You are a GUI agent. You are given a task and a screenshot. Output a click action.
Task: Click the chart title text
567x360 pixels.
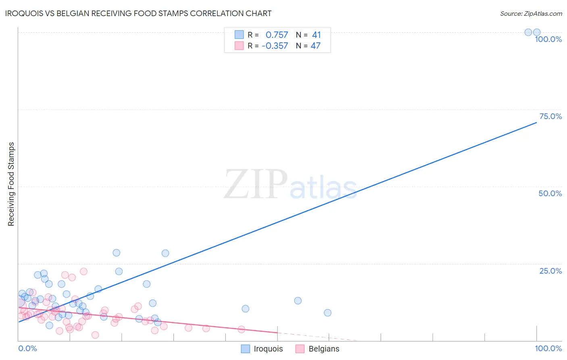pos(138,13)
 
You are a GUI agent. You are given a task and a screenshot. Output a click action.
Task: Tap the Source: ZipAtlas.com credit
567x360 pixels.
pos(531,13)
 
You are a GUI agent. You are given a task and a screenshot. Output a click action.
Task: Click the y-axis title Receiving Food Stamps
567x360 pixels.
pos(11,184)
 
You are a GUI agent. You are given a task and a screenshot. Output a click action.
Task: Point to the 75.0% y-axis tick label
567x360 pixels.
pos(550,116)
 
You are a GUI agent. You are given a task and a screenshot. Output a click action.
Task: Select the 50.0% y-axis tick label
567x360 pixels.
pos(550,193)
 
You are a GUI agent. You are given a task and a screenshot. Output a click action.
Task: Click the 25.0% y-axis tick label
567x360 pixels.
pos(550,271)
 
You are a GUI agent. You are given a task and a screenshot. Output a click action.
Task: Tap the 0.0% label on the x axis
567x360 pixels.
pos(28,348)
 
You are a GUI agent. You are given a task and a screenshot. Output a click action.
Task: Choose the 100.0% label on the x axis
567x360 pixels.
pos(548,348)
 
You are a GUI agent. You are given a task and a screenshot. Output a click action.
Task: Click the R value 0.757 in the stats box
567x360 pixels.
pos(277,35)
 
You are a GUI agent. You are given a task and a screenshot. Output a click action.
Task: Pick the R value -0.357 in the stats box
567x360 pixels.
pos(275,46)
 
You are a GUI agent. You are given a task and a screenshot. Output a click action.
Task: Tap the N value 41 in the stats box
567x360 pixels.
pos(316,35)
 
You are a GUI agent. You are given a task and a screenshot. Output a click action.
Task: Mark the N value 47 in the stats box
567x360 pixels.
pos(315,46)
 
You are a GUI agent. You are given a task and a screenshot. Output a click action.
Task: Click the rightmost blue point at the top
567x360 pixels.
pos(537,32)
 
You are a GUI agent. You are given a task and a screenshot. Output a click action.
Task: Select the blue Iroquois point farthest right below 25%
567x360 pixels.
pos(327,313)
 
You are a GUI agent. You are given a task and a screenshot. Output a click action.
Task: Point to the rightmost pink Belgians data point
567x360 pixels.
pos(242,329)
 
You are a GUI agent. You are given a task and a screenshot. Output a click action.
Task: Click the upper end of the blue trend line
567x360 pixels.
pos(536,122)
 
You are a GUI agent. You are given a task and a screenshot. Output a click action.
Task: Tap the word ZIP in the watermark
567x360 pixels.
pos(256,184)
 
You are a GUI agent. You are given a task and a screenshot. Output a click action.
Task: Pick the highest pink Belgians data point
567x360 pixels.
pos(83,271)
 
